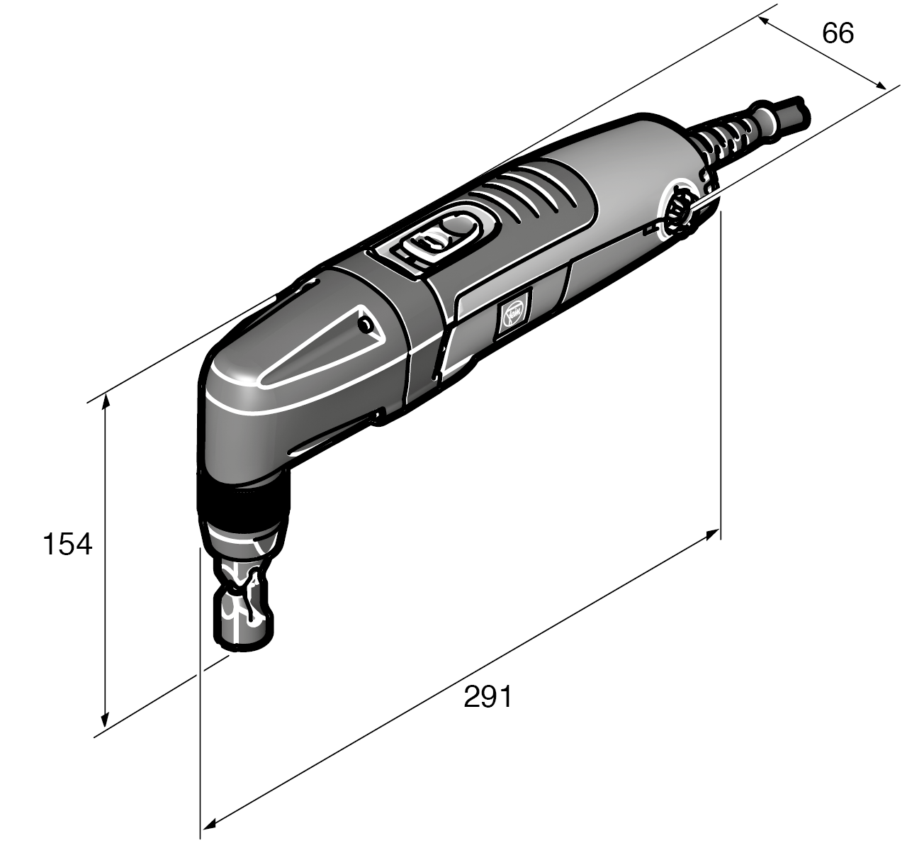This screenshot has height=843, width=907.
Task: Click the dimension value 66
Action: [838, 33]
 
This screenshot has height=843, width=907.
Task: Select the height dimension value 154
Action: [67, 545]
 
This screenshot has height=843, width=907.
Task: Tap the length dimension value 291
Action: [488, 697]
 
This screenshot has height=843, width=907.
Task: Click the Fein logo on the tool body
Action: [512, 313]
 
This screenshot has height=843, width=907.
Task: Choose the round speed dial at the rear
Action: [679, 210]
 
